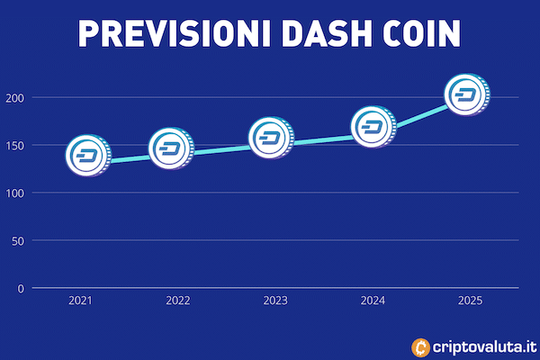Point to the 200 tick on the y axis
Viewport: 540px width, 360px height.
click(x=15, y=98)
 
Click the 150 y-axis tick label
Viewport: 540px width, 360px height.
click(x=15, y=146)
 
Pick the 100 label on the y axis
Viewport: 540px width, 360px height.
click(x=15, y=193)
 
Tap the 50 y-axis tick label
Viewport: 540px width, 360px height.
click(x=18, y=241)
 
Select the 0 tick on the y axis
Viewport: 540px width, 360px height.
click(x=21, y=288)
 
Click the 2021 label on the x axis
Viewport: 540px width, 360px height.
click(x=80, y=301)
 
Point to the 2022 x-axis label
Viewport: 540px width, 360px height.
click(x=177, y=301)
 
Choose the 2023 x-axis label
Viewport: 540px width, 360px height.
click(x=275, y=301)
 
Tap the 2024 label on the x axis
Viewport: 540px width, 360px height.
click(x=373, y=301)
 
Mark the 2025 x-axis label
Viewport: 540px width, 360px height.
click(x=470, y=301)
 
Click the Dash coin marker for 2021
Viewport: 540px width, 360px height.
click(x=88, y=156)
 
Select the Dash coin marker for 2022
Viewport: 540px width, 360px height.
click(x=171, y=148)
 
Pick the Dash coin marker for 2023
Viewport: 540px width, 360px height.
click(x=272, y=138)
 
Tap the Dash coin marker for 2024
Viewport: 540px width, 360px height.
click(x=373, y=127)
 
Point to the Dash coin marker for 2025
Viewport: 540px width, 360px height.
click(x=467, y=94)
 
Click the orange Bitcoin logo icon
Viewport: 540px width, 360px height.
click(x=421, y=347)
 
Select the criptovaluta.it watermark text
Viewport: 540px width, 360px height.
click(x=484, y=346)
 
